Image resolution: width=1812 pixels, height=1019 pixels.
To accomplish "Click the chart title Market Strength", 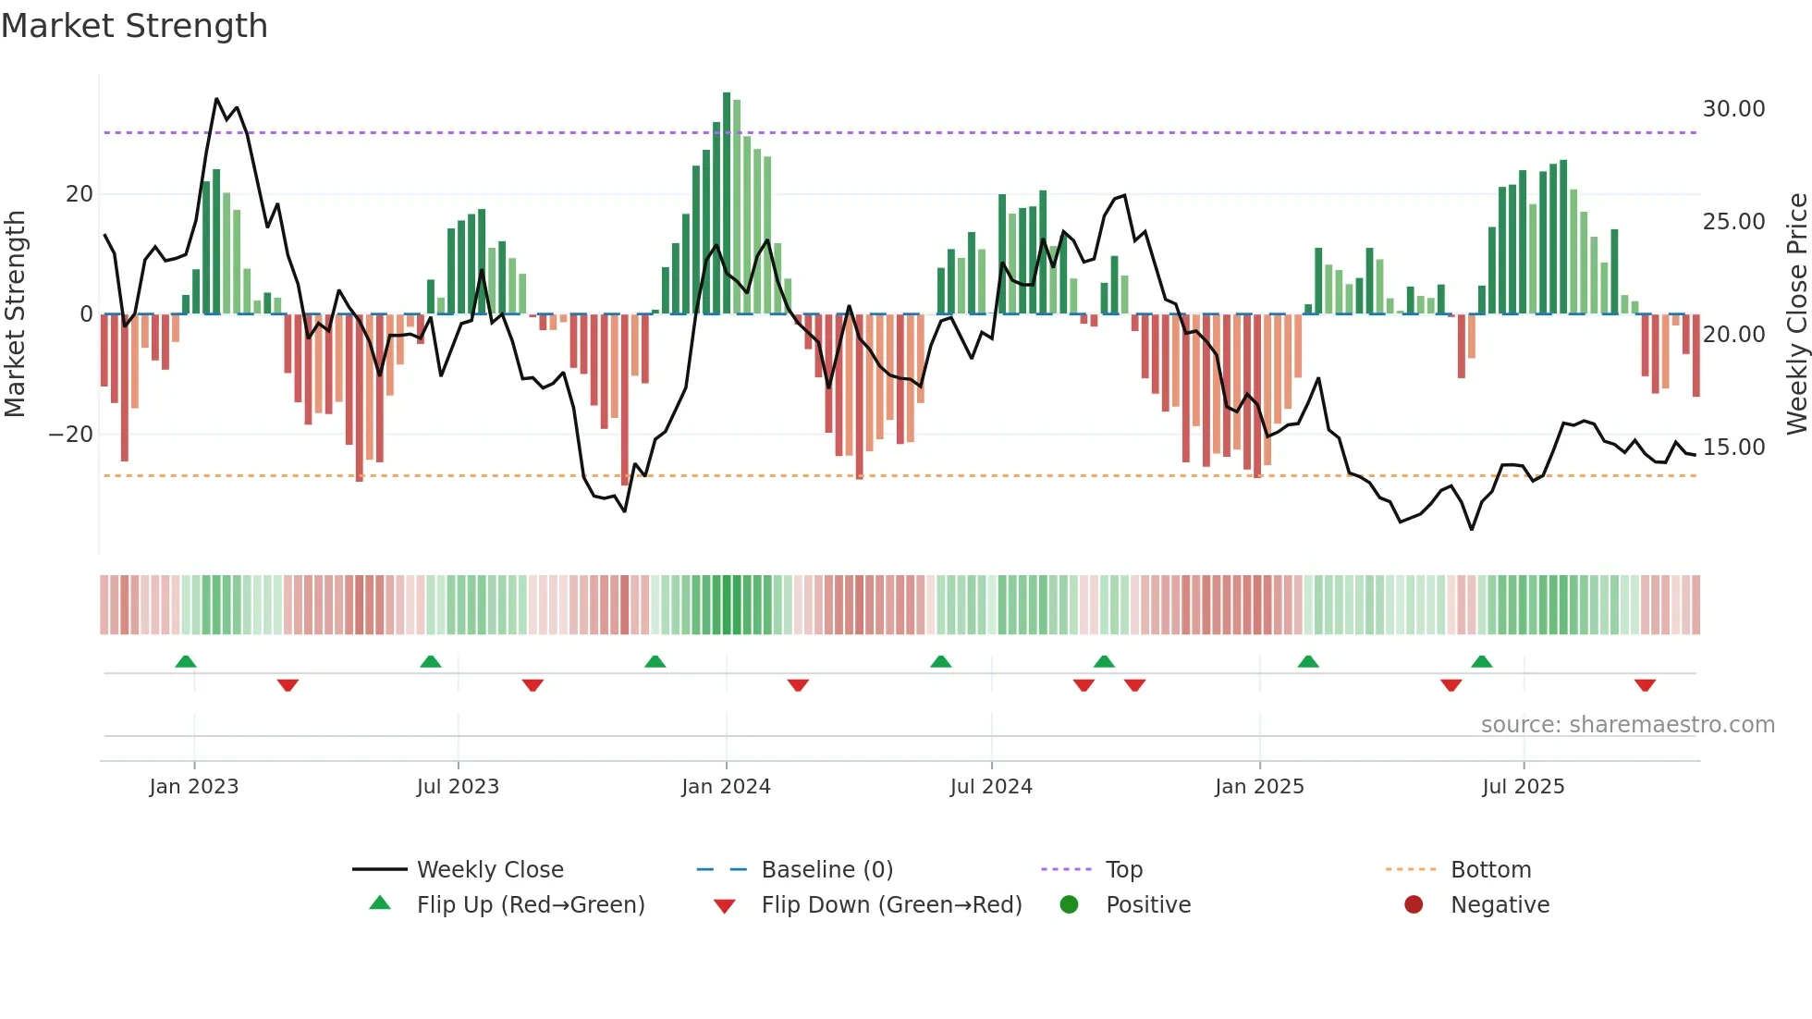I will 134,26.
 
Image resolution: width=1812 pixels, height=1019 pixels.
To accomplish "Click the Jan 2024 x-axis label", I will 726,787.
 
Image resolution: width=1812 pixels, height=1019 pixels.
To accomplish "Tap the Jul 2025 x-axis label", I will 1523,787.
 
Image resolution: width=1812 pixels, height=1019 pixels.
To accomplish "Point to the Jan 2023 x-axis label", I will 194,787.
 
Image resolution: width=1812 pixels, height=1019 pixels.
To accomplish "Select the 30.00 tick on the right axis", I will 1733,109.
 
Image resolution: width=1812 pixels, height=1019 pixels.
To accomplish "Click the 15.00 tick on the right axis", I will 1733,448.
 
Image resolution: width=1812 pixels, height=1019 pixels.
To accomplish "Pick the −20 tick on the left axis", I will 71,435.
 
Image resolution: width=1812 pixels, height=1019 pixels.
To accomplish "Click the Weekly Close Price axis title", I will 1796,314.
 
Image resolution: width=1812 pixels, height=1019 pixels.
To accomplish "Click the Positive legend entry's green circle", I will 1069,905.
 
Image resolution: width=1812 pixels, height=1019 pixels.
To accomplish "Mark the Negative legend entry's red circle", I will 1414,905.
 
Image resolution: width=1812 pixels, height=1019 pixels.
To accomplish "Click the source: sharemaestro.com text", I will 1627,725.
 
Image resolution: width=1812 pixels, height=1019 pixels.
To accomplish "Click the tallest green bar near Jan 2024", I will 727,203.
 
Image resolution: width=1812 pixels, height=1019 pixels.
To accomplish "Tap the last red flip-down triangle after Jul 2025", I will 1645,685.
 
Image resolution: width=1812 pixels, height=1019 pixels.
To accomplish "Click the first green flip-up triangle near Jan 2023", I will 186,661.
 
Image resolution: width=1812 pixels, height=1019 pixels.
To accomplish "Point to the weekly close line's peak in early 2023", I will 217,99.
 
